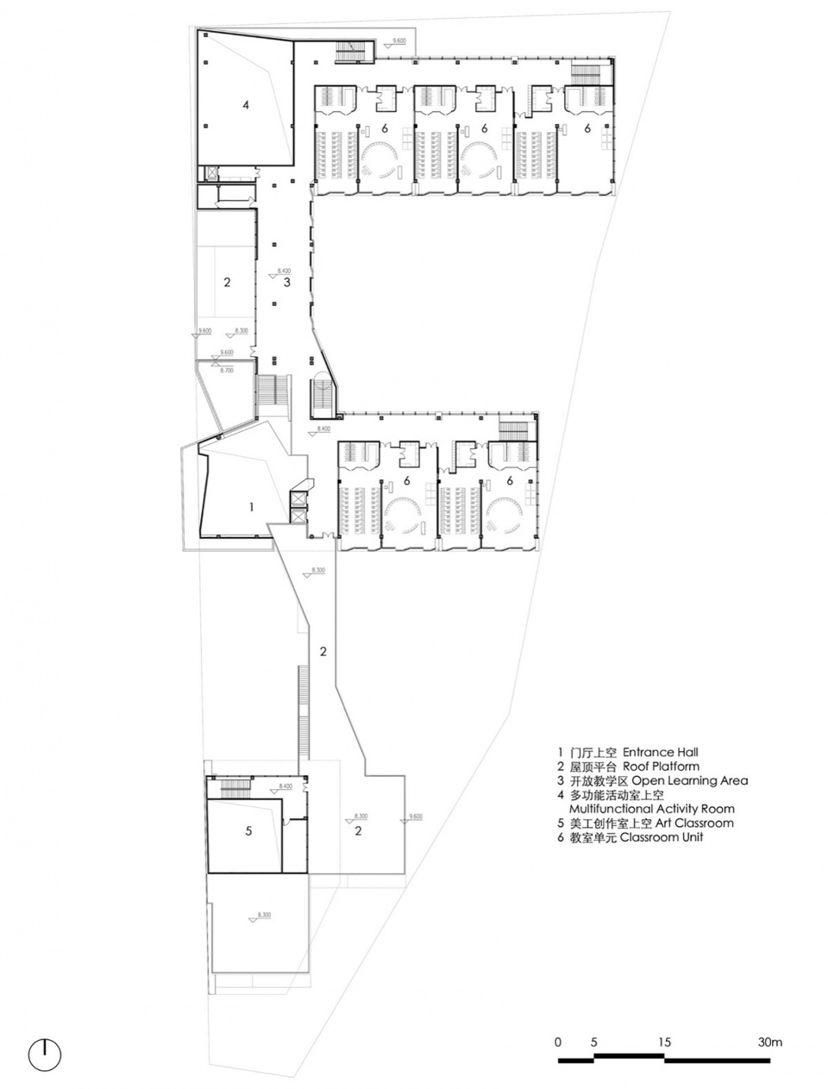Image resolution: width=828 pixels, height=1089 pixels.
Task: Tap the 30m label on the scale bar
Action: [x=770, y=1042]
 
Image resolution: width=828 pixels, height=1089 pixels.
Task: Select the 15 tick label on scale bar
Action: [x=664, y=1042]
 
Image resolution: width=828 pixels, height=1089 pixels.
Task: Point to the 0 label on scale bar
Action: [x=558, y=1042]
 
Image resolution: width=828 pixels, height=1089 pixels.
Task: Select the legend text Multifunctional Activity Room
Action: [x=651, y=809]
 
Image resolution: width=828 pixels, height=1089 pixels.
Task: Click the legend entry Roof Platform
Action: [x=659, y=766]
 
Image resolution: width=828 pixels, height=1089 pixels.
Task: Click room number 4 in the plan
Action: [x=246, y=105]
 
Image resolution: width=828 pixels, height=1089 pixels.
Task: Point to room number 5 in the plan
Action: [x=248, y=831]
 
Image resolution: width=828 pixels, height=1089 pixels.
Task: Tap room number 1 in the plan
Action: [x=251, y=507]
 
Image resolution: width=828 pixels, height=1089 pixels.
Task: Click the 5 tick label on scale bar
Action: [x=593, y=1042]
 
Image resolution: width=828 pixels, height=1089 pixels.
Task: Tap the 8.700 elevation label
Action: [x=227, y=369]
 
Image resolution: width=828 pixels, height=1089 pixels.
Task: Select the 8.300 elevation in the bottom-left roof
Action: [x=264, y=915]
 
